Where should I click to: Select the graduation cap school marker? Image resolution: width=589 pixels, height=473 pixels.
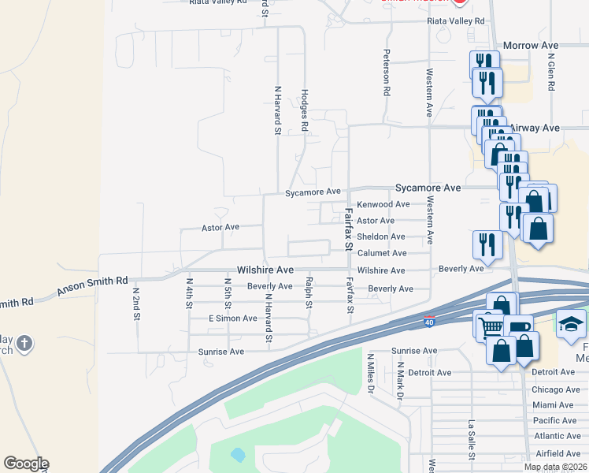coord(571,323)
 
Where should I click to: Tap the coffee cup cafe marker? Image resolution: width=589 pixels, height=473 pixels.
coord(520,327)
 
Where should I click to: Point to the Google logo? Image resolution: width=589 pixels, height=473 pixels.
coord(26,464)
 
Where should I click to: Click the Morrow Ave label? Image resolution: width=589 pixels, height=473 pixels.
coord(530,46)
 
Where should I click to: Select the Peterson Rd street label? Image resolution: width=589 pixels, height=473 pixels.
coord(387,75)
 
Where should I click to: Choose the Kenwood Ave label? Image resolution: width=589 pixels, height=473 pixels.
coord(383,204)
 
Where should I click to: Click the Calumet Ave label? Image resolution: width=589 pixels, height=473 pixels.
coord(382,253)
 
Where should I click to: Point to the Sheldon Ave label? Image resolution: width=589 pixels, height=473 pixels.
coord(381,236)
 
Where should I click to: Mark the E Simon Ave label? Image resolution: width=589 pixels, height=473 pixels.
coord(232,318)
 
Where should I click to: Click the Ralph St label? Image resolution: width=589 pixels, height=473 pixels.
coord(309,292)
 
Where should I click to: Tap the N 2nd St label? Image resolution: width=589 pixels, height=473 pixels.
coord(135,296)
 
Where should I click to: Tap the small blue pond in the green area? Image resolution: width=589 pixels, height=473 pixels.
coord(239,455)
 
